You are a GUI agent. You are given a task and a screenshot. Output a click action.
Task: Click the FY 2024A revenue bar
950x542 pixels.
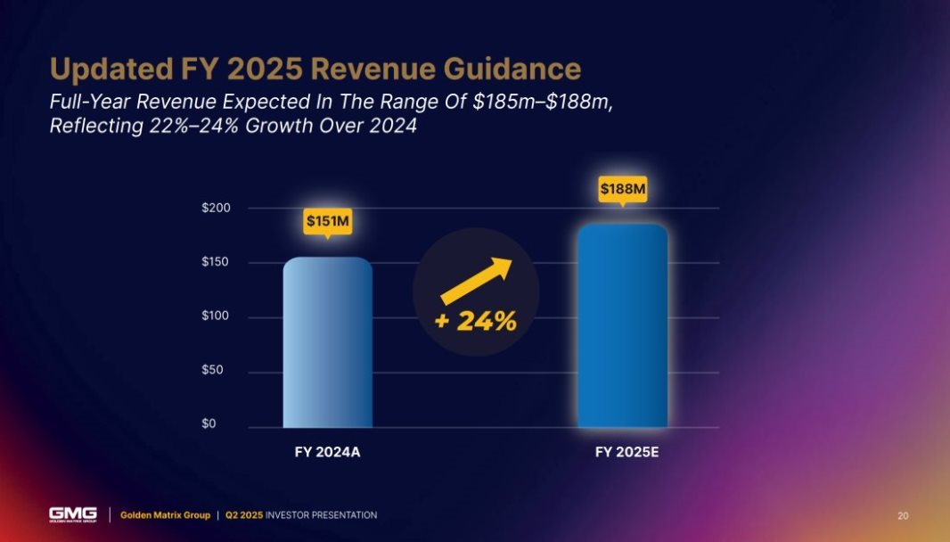click(x=327, y=343)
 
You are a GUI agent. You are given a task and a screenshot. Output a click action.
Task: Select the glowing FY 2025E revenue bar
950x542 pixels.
click(x=622, y=326)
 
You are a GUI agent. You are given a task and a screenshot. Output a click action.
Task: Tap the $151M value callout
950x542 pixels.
click(x=327, y=220)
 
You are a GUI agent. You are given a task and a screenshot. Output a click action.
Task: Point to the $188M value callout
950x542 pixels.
click(x=622, y=189)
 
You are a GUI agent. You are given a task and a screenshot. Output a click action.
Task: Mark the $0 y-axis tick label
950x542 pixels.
click(x=223, y=424)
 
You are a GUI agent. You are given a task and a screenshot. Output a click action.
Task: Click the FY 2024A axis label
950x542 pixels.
click(x=327, y=453)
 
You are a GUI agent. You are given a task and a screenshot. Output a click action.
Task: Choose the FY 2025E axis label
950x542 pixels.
click(x=627, y=453)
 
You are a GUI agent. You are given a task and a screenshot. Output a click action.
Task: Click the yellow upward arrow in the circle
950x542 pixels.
click(x=478, y=282)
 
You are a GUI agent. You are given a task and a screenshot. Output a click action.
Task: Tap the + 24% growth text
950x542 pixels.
click(x=476, y=322)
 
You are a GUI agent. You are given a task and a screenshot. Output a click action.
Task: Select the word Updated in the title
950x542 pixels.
click(x=107, y=69)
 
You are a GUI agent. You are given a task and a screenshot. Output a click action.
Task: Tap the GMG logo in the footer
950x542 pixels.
click(x=73, y=514)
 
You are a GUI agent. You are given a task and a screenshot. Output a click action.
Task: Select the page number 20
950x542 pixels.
click(x=903, y=515)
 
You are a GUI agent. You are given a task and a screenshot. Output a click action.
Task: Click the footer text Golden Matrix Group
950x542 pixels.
click(x=165, y=515)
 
